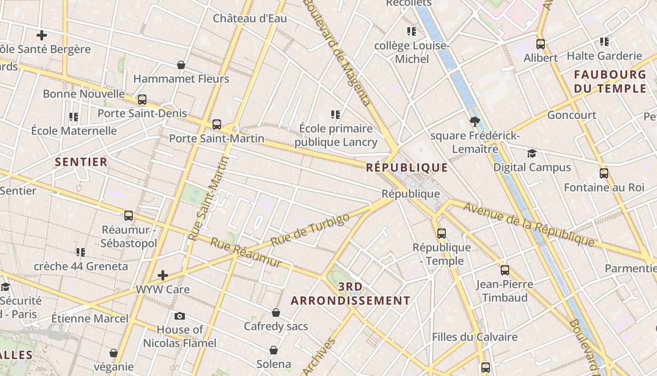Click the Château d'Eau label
tap(250, 18)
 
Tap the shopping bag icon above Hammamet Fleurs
tap(181, 65)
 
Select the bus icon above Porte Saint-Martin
tap(216, 125)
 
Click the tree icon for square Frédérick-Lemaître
tap(475, 122)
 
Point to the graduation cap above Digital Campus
tap(532, 154)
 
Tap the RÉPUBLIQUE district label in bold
tap(407, 167)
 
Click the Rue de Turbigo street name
tap(310, 230)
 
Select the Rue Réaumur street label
tap(246, 252)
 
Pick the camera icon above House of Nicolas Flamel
tap(179, 316)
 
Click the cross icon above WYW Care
tap(163, 275)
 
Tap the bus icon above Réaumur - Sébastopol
tap(129, 216)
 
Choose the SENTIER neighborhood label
tap(81, 162)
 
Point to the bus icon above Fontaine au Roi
tap(604, 173)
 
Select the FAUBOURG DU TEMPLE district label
tap(610, 81)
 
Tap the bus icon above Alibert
tap(541, 44)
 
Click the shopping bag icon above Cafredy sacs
tap(276, 313)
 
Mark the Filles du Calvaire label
tap(474, 337)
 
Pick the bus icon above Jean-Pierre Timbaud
tap(505, 270)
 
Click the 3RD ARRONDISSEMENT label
tap(351, 294)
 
